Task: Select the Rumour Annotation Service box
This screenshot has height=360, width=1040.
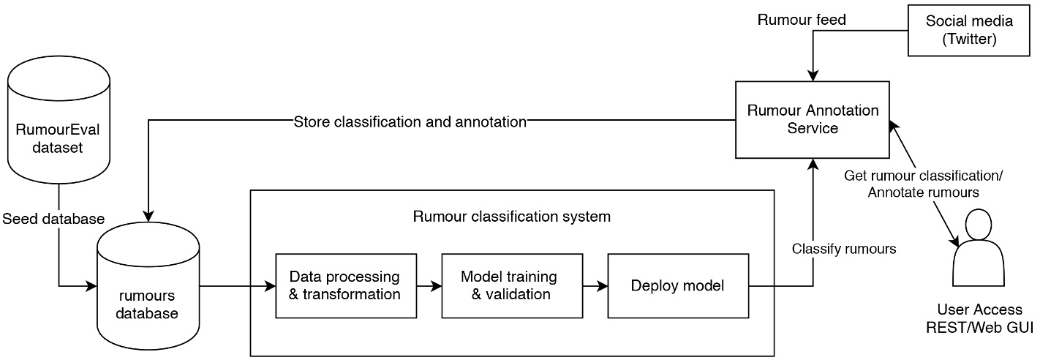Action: point(812,119)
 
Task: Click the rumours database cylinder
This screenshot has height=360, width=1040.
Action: point(148,293)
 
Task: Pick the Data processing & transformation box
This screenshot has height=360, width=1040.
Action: point(345,285)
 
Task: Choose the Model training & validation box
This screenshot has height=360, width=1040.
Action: point(511,285)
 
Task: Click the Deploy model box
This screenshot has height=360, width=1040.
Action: point(677,285)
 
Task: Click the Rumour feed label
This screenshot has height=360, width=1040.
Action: point(802,20)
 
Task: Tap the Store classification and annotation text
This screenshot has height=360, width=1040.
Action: point(410,122)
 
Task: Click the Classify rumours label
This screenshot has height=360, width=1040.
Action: point(844,249)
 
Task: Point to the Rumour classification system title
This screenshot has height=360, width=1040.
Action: point(511,217)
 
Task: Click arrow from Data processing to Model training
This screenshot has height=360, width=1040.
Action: point(429,286)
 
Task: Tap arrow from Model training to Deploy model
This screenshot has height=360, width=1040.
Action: point(595,286)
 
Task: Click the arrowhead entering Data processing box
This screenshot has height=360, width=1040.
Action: point(270,286)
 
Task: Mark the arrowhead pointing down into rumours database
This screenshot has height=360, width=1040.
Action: point(148,216)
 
